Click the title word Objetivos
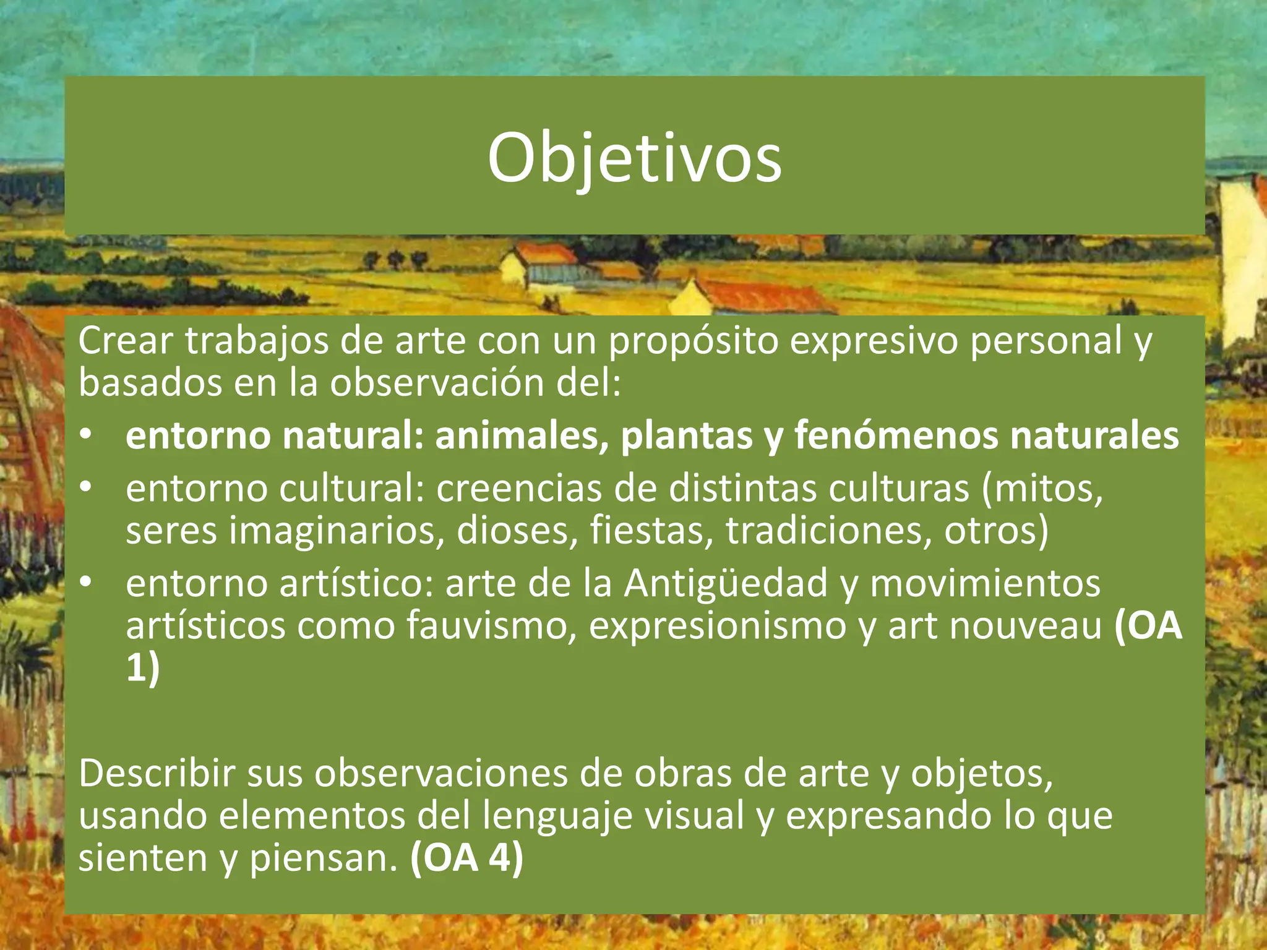634,158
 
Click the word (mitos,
1042,489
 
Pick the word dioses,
517,531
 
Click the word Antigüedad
725,583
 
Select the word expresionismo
717,626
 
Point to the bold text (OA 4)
466,858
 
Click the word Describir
157,773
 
